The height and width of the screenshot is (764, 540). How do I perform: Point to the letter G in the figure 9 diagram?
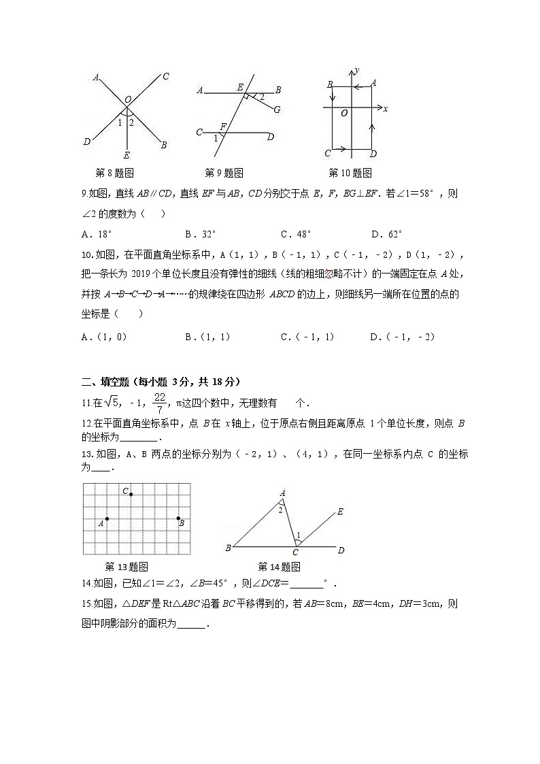[277, 110]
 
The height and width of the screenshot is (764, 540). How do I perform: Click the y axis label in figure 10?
[357, 70]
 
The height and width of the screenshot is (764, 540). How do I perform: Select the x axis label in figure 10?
[385, 109]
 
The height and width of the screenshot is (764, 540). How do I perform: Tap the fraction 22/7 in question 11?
[160, 402]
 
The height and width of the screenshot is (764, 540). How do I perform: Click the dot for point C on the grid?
[131, 494]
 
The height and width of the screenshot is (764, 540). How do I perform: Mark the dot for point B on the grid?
[179, 518]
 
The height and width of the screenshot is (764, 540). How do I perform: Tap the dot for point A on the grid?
[107, 518]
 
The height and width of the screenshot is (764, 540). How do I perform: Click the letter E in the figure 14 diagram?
[340, 512]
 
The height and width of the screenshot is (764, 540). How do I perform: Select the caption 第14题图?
[279, 567]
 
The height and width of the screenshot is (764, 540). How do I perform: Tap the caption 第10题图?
[350, 173]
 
